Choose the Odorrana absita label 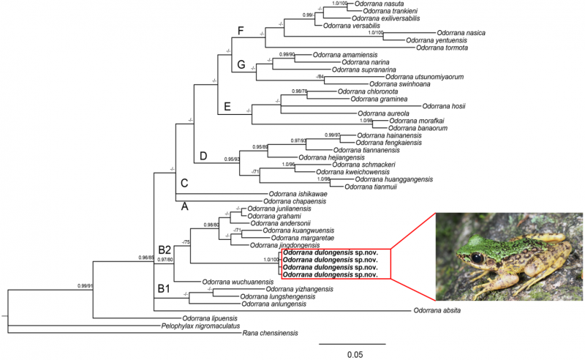click(442, 311)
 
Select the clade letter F click(240, 30)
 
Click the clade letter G click(241, 65)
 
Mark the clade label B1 click(165, 288)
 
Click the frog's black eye click(478, 258)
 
